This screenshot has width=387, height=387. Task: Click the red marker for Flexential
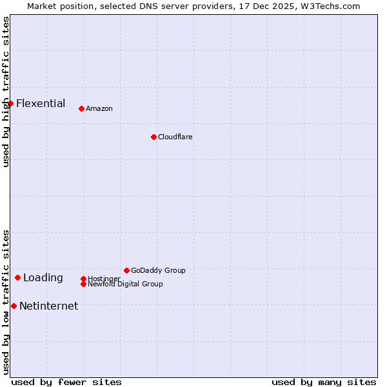(10, 103)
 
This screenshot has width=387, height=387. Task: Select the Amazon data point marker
(81, 108)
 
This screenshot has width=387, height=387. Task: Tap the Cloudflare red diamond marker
(154, 137)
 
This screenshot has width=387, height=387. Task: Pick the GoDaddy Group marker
(126, 270)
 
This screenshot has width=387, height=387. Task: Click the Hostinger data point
(83, 279)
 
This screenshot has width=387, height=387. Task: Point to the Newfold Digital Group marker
(83, 284)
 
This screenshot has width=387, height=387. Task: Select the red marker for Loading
(17, 277)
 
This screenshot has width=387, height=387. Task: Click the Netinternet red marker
(14, 306)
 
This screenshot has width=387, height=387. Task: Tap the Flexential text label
(41, 103)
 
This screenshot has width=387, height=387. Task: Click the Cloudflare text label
(175, 137)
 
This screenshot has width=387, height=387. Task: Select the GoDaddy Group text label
(158, 270)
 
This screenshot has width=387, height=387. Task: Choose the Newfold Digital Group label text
(125, 284)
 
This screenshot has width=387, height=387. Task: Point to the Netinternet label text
(48, 306)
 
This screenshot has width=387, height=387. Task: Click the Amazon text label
(99, 108)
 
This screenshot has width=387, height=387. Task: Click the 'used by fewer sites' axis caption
(66, 382)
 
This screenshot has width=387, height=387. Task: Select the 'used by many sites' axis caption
(324, 382)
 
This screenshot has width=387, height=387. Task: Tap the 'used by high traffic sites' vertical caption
(6, 92)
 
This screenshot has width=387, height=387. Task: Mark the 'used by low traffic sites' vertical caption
(6, 302)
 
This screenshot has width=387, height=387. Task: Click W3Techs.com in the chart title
(328, 6)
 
